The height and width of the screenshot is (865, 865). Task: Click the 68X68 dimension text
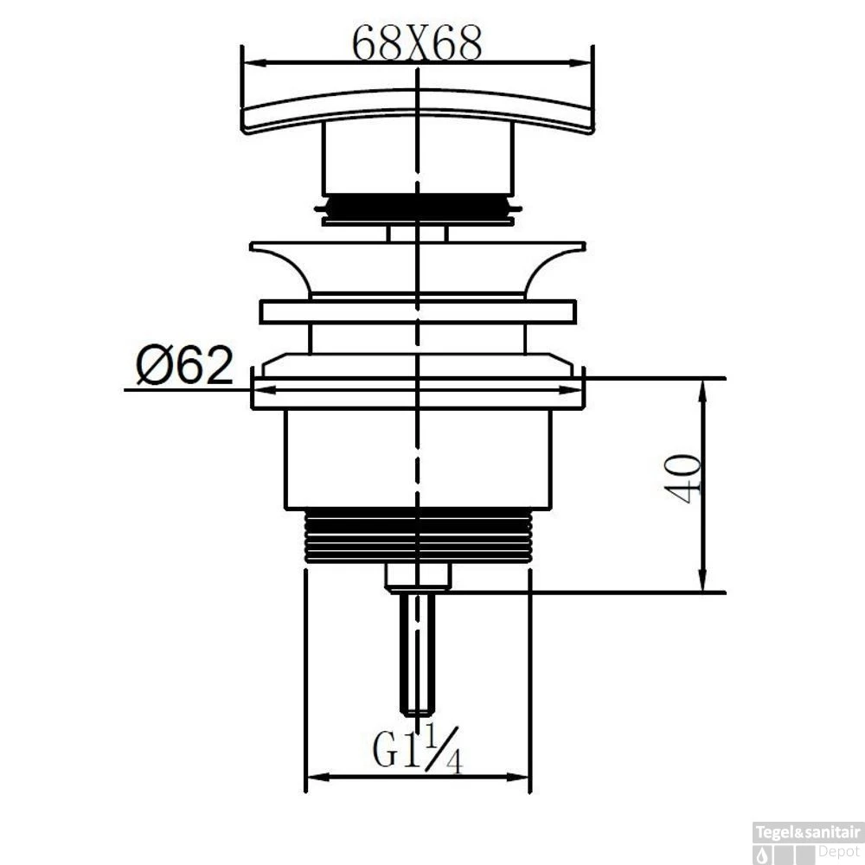(417, 43)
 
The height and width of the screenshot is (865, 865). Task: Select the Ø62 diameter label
(185, 365)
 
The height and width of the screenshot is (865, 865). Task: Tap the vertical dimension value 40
(683, 478)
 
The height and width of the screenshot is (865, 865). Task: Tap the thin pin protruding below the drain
(418, 655)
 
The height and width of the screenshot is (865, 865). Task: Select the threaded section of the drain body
(418, 536)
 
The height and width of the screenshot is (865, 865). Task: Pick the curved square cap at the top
(418, 111)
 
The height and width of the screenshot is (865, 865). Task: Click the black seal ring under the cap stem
(418, 208)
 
